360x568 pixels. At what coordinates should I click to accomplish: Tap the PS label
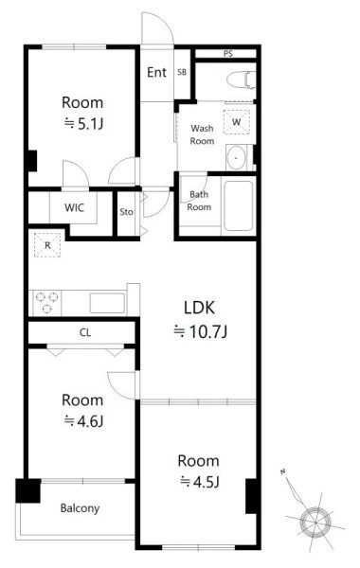228,54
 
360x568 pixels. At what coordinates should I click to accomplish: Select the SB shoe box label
182,72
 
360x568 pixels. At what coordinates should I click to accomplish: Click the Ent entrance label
156,73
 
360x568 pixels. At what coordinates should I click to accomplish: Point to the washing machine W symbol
237,122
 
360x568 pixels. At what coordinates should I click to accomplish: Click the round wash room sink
236,158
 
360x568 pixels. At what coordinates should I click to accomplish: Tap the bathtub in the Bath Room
238,205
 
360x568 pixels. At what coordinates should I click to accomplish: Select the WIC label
74,207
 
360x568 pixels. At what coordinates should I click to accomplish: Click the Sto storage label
127,212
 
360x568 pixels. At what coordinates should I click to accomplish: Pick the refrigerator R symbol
47,245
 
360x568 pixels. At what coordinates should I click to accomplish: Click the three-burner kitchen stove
47,303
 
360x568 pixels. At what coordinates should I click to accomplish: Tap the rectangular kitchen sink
107,303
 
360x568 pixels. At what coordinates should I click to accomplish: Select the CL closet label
85,332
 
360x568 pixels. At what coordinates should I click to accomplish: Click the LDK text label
199,308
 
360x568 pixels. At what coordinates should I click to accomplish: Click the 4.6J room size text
84,421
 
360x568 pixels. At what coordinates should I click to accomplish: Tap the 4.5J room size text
200,482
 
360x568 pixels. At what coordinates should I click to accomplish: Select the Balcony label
80,508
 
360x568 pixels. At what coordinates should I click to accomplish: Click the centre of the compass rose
315,523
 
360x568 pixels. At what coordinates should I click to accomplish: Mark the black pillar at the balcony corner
27,490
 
